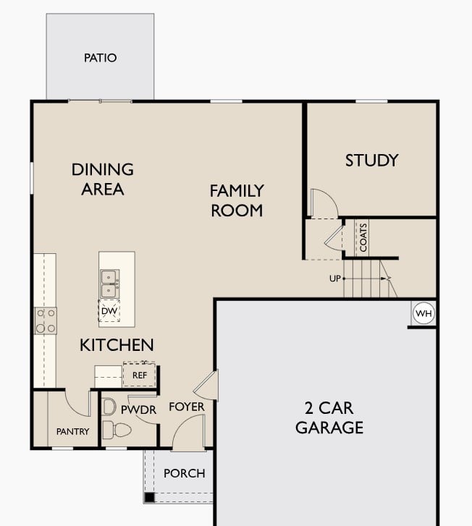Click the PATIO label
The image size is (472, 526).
coord(100,58)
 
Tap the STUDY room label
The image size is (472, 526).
coord(371,160)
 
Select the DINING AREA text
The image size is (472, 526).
coord(103,179)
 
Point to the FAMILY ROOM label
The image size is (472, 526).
coord(236,200)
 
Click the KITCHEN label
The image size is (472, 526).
coord(117,345)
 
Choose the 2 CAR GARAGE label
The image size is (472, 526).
coord(329,417)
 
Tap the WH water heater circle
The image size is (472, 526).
coord(423,313)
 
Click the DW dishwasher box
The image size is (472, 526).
coord(109,311)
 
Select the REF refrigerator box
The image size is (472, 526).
coord(139,375)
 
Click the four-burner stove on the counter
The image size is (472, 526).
coord(46,321)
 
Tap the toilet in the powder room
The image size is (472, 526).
coord(116,430)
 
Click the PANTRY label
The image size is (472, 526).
coord(72,432)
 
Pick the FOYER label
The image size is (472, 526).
coord(187,407)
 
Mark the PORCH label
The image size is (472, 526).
coord(184,473)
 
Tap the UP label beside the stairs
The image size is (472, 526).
coord(334,278)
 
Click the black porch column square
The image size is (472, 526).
coord(149,498)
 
